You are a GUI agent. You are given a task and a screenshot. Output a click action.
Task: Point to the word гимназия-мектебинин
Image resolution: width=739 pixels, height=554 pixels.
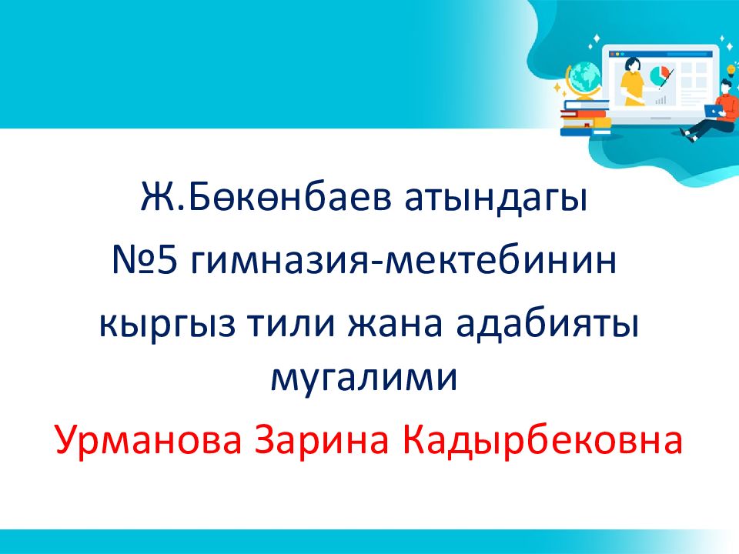[x=404, y=261]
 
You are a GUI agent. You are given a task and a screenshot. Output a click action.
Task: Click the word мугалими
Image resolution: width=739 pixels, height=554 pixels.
[x=364, y=379]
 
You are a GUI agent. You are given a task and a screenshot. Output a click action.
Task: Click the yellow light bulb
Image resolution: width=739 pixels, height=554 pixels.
[x=731, y=69]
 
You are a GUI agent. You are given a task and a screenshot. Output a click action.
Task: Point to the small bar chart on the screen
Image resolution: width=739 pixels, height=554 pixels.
[x=660, y=100]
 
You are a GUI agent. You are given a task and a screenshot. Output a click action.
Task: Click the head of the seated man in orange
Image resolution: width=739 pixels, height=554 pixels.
[x=726, y=86]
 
